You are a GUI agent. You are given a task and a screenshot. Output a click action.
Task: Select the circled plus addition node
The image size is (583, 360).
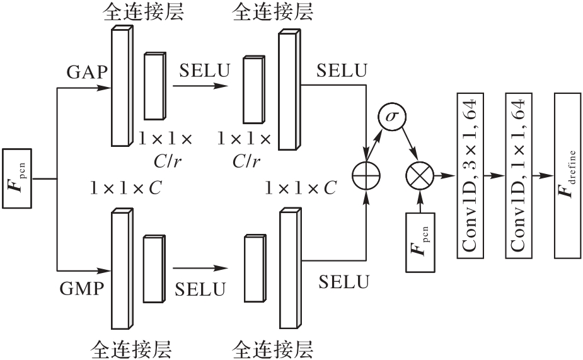pos(366,174)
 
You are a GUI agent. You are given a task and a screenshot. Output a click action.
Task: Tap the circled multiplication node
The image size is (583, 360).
pos(419,174)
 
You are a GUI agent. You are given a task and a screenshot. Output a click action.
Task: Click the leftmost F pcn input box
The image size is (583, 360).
pos(18,179)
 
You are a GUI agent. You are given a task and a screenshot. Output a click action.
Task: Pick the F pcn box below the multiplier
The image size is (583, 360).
pos(419,243)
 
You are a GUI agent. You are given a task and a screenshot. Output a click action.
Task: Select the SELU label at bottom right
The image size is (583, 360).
pos(343,282)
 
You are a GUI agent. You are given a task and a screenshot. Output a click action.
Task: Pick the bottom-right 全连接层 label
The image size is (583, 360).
pos(273,348)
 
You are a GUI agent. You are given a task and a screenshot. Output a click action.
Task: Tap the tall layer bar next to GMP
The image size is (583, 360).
pos(120,269)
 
